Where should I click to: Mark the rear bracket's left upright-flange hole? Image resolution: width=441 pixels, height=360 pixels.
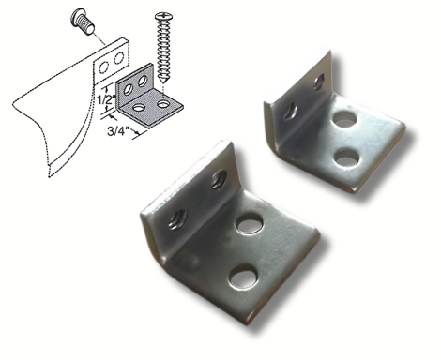click(x=291, y=111)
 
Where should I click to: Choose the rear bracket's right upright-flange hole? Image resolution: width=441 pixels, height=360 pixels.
click(x=318, y=82)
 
